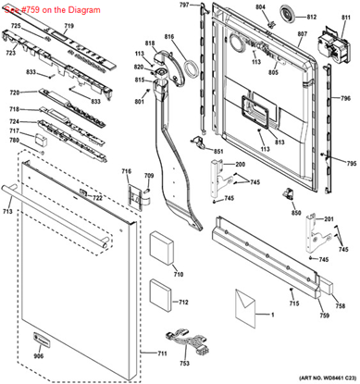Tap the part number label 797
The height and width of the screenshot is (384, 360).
coord(183,6)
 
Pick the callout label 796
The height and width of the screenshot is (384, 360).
coord(345,98)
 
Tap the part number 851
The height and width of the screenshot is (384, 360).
coord(218,151)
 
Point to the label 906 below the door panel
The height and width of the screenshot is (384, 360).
coord(39,356)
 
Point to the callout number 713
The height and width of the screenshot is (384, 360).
coord(7,212)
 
